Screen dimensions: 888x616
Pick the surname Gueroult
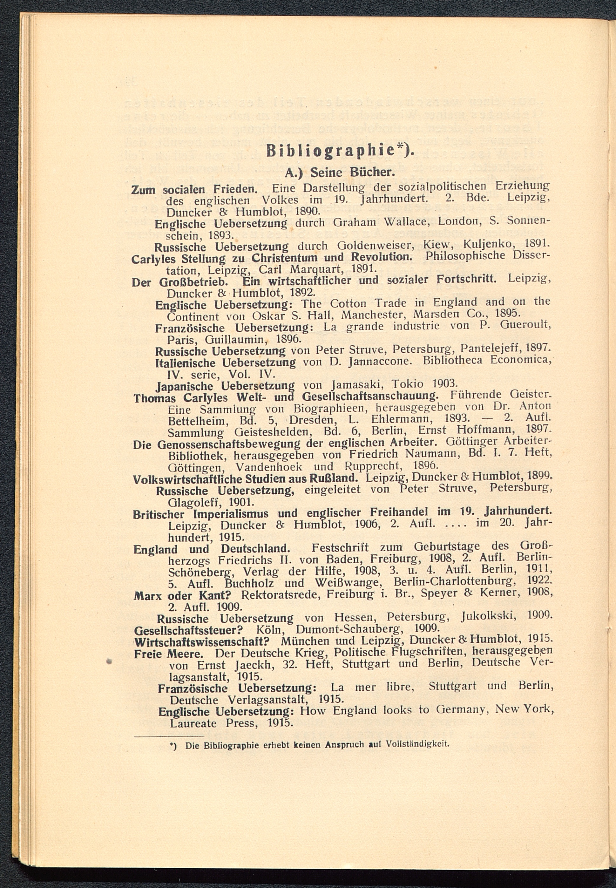525,326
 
